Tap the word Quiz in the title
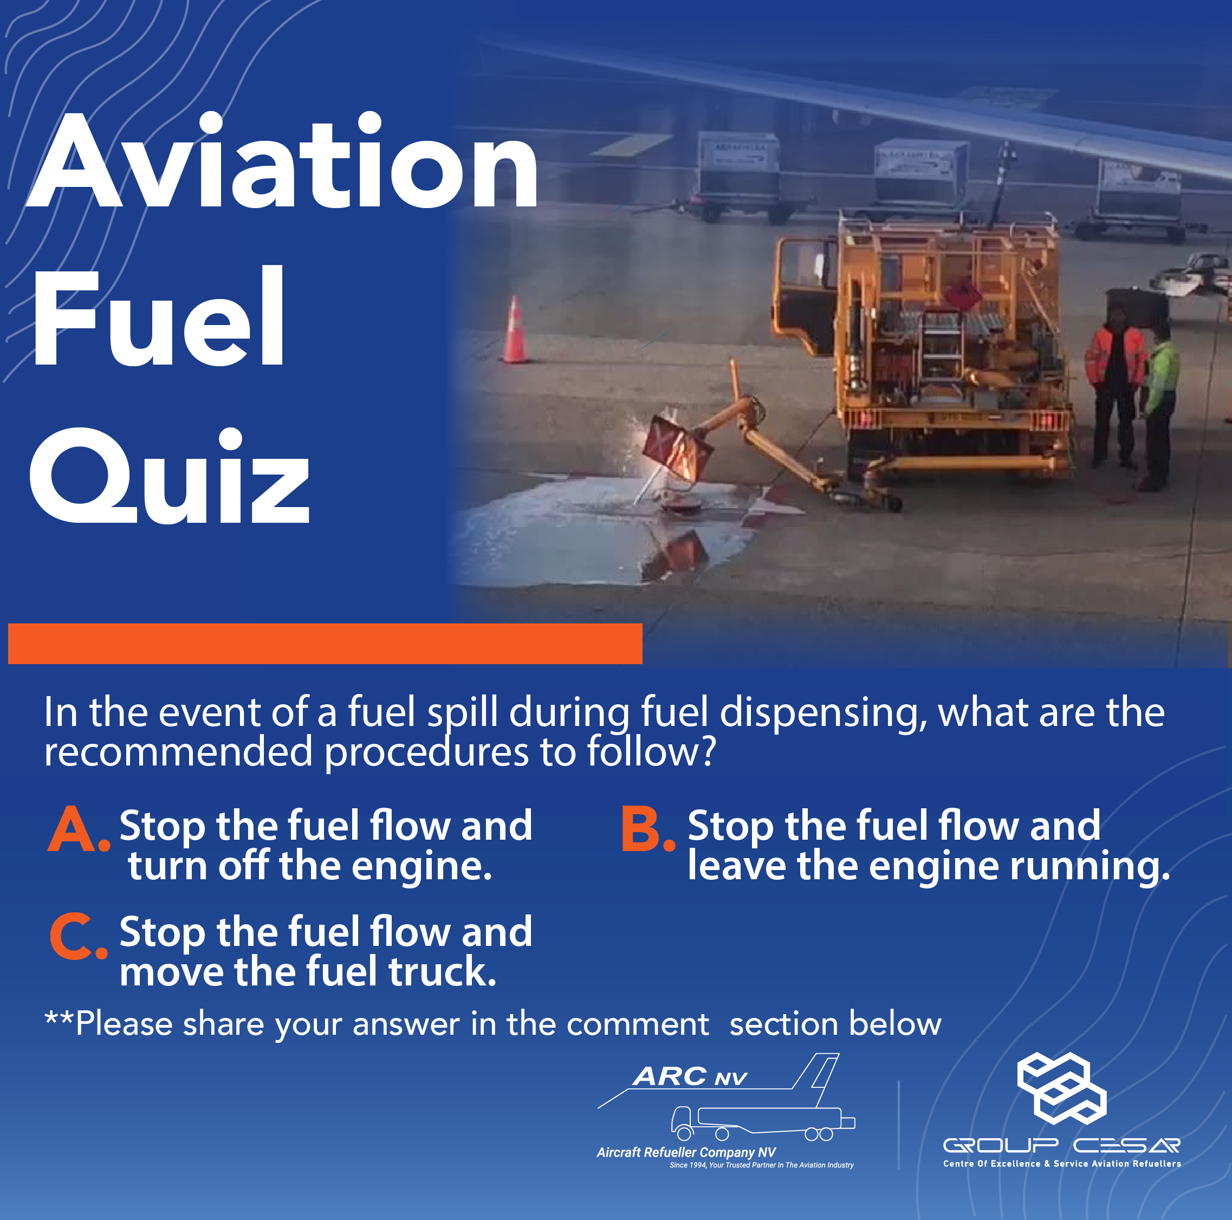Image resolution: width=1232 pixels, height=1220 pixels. tap(170, 476)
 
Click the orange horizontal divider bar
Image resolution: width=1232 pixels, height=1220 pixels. tap(325, 644)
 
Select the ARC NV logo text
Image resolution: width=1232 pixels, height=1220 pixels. tap(690, 1076)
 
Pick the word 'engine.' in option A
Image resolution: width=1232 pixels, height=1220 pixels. tap(422, 867)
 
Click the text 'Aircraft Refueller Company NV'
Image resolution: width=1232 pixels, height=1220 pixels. tap(686, 1152)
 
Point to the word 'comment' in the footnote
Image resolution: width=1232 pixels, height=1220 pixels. tap(638, 1025)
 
